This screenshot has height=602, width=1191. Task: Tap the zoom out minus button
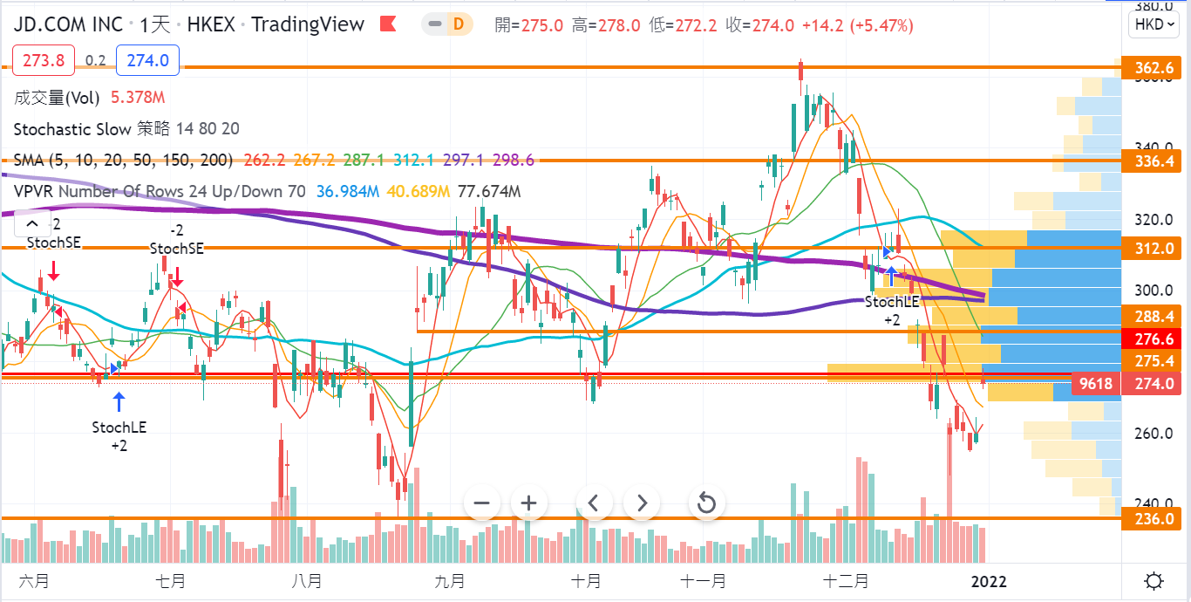tap(481, 503)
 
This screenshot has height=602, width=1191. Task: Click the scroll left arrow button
tap(593, 503)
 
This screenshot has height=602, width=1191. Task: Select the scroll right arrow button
tap(643, 503)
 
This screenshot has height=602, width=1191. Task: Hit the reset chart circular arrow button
tap(706, 503)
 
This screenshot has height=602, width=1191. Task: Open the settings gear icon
tap(1154, 581)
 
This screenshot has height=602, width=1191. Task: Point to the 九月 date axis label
tap(448, 581)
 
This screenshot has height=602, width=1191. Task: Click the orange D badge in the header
tap(458, 24)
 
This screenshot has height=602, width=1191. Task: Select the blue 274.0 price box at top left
tap(147, 60)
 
